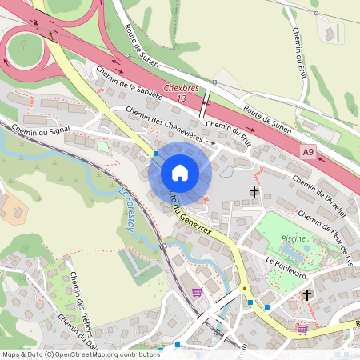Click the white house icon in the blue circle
[179, 173]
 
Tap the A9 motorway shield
[309, 151]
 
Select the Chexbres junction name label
[181, 89]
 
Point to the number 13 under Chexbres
[182, 98]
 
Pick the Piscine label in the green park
[294, 238]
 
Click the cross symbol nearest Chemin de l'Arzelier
[255, 192]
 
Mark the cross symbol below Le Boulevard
[306, 295]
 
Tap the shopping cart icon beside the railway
[197, 291]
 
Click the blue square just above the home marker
[156, 152]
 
